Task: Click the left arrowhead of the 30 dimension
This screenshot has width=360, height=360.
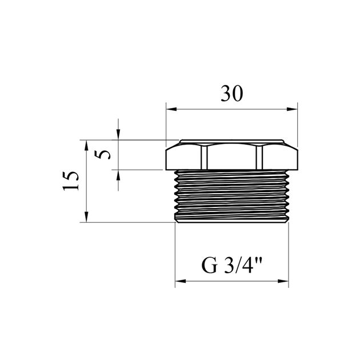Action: point(170,109)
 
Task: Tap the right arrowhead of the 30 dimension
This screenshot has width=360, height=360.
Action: point(294,109)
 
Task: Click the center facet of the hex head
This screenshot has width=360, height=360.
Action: point(231,156)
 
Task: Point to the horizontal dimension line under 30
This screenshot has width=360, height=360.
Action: point(231,109)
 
